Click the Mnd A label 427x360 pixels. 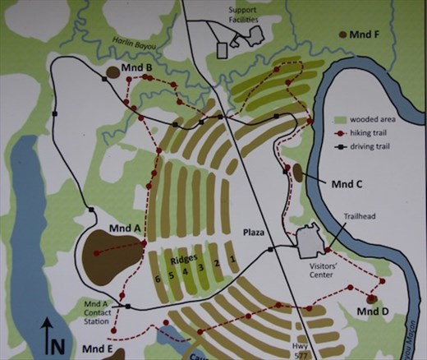pyautogui.click(x=126, y=227)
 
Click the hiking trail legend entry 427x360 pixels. pyautogui.click(x=375, y=132)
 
